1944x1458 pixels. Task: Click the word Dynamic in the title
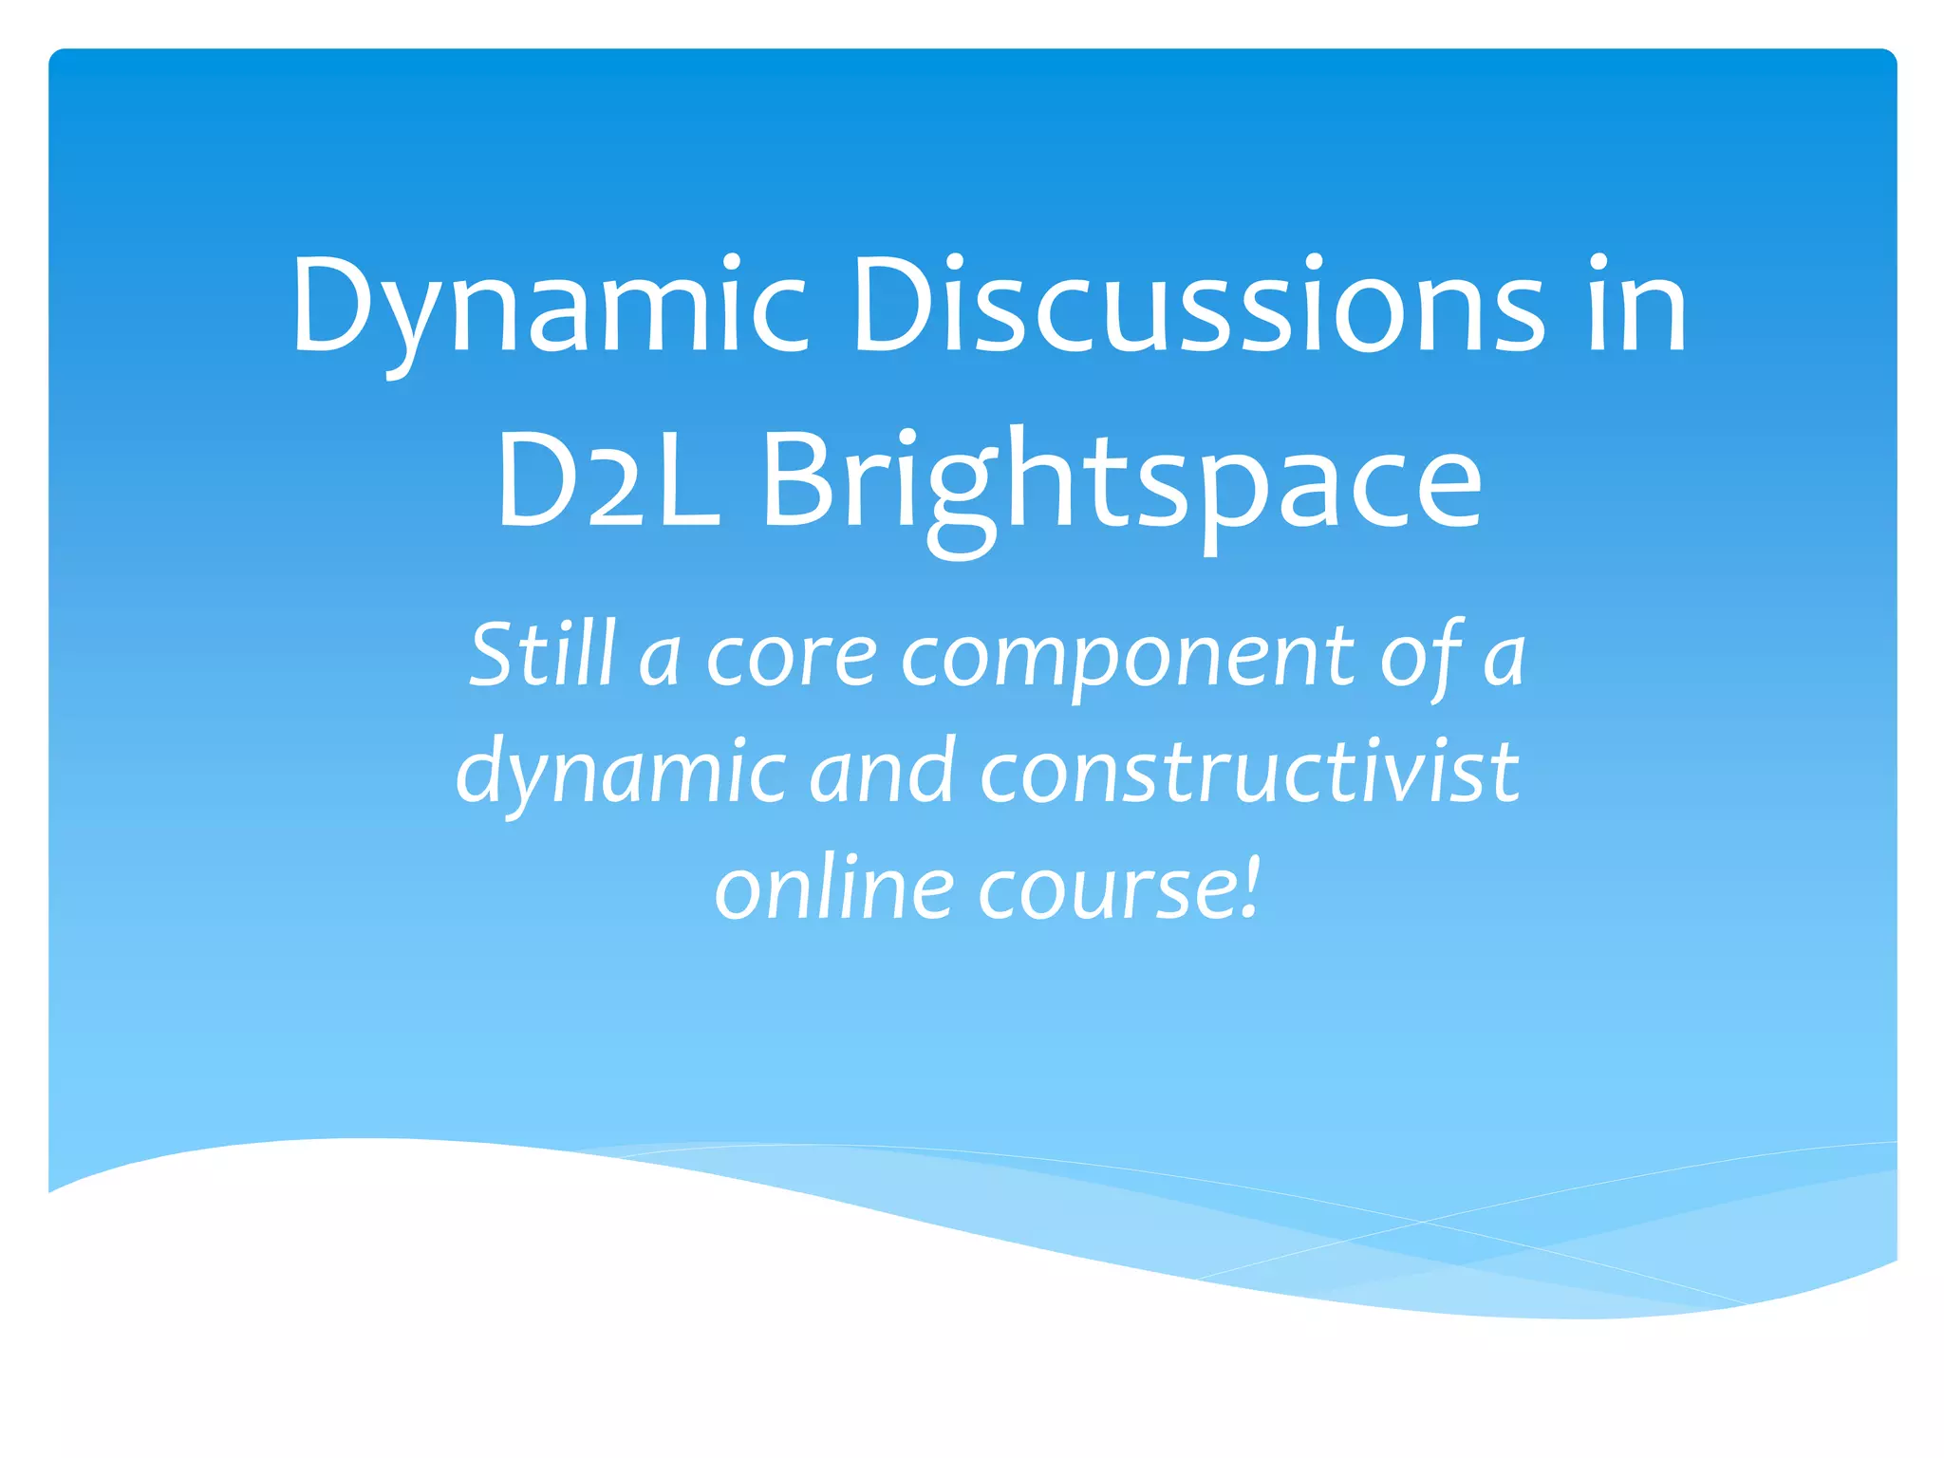point(550,308)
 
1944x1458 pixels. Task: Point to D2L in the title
point(607,480)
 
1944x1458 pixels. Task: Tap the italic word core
point(791,658)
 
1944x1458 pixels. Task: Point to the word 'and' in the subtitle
point(882,771)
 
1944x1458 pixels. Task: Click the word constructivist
point(1248,771)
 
